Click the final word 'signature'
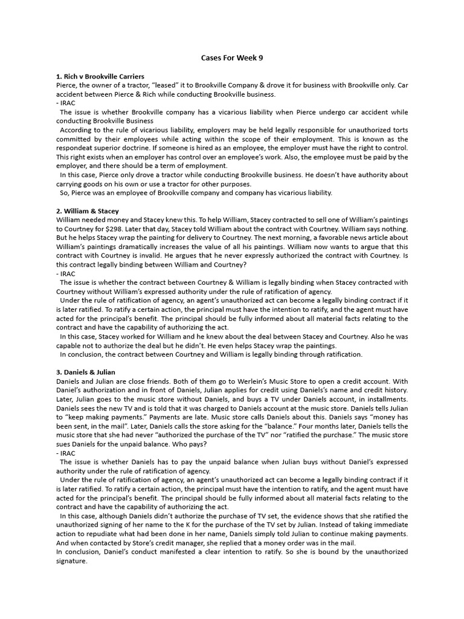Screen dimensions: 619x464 (x=71, y=561)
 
